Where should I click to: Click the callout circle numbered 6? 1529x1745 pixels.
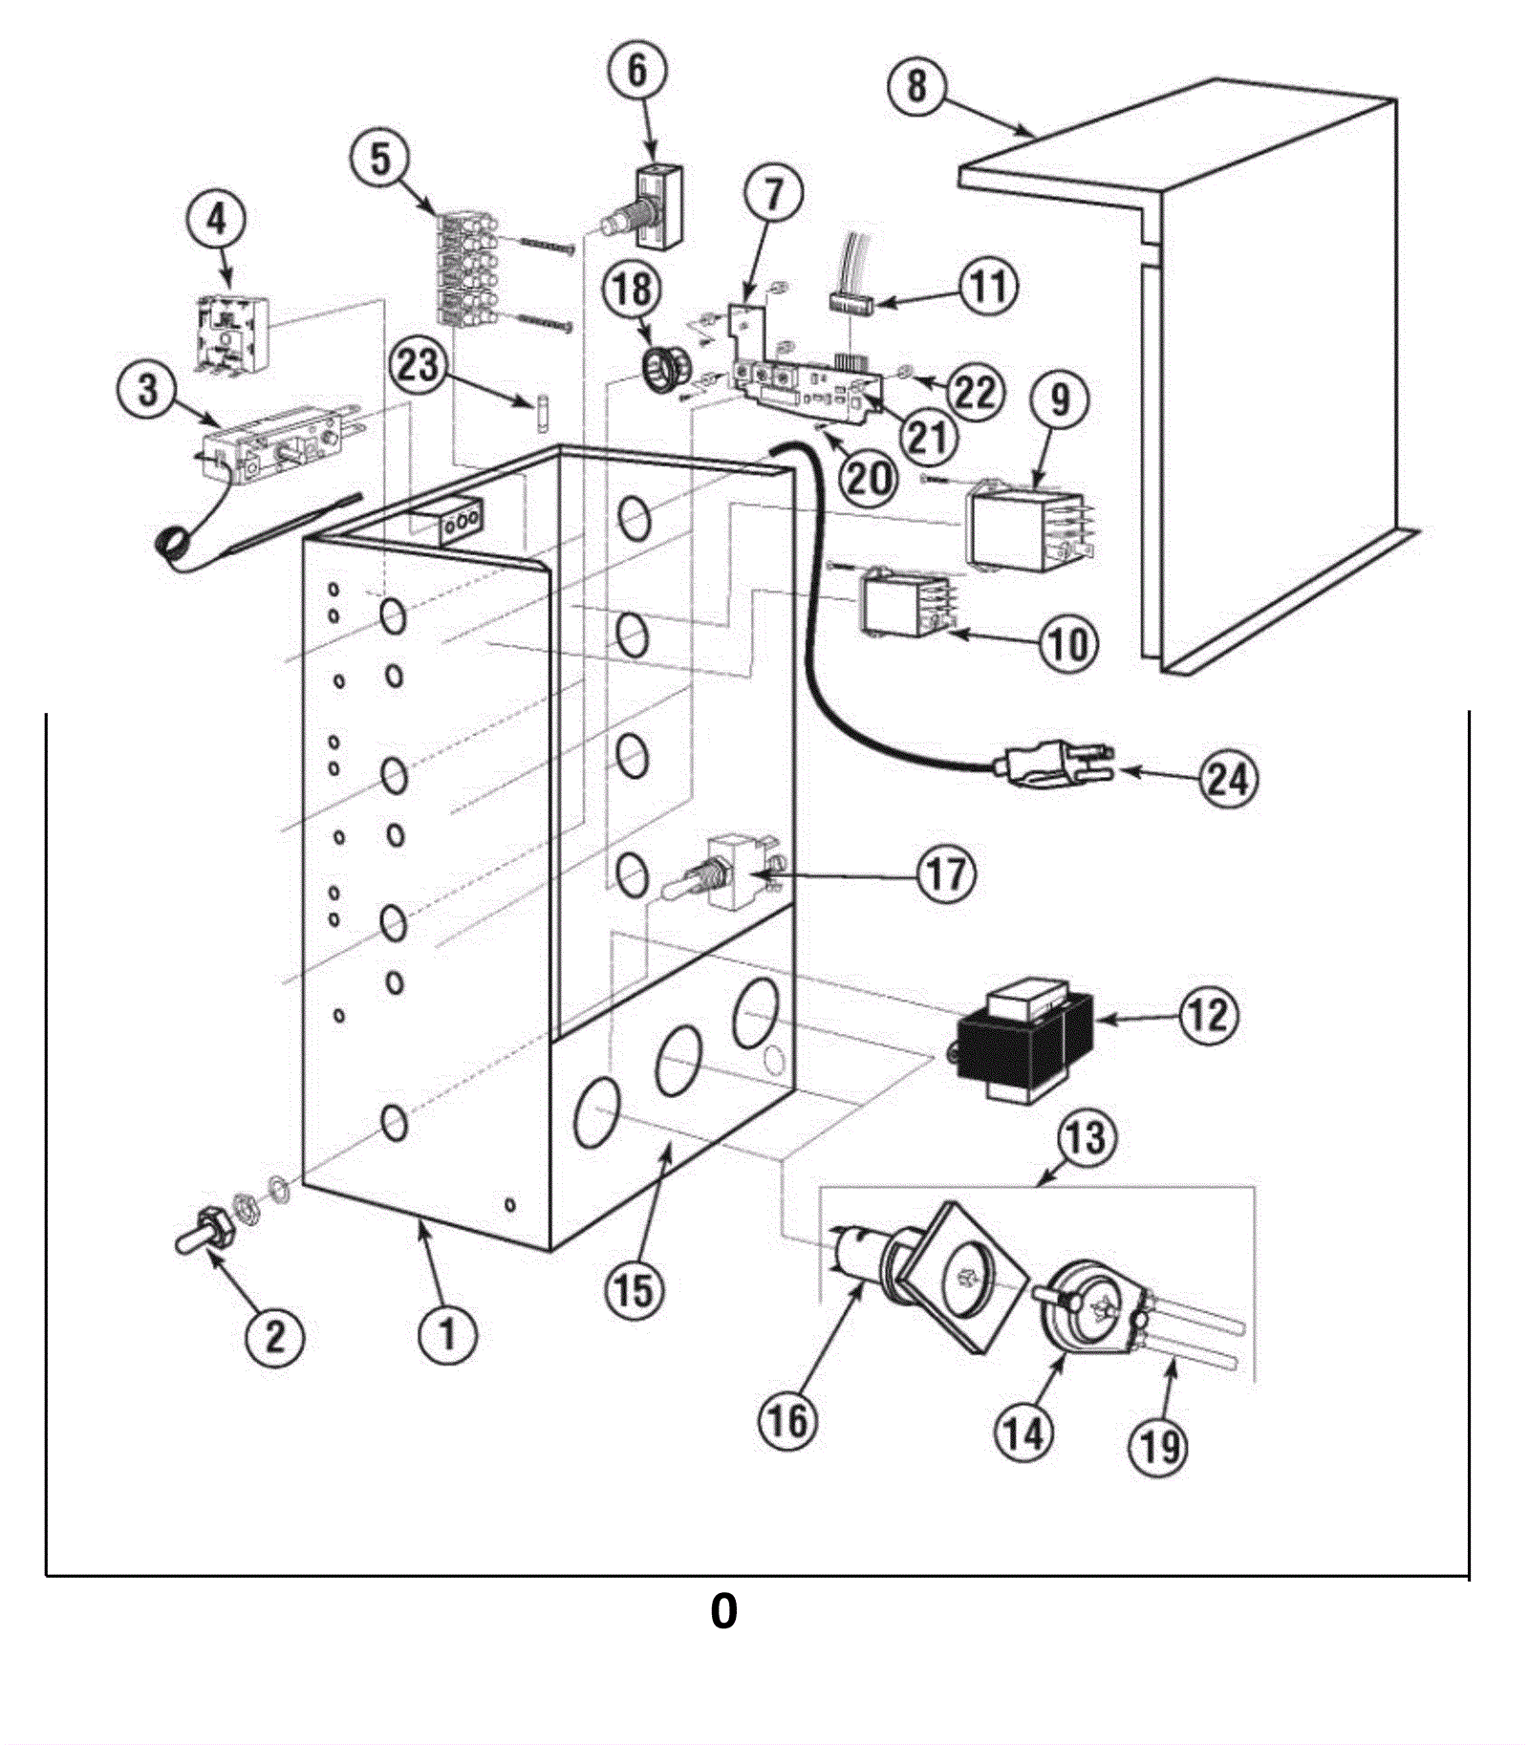[636, 70]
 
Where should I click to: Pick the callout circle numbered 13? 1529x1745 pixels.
[1086, 1138]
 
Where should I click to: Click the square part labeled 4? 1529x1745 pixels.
[230, 334]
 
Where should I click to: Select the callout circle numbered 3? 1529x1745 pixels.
[147, 390]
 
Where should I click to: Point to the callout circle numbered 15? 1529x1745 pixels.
[634, 1290]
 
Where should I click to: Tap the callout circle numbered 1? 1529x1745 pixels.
[447, 1331]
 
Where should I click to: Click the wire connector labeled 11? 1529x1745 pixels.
[853, 304]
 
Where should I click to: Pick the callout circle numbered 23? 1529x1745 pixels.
[418, 364]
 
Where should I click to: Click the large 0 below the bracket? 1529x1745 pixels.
[723, 1610]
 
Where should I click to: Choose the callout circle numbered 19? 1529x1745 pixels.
[1158, 1445]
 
